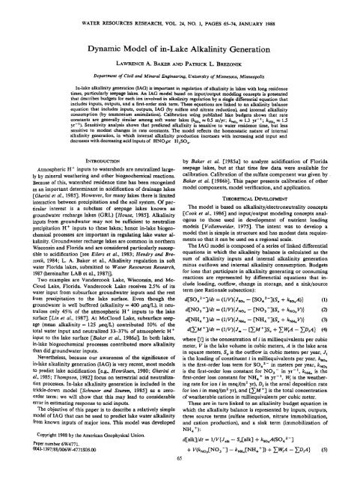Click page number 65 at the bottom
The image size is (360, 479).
click(x=180, y=472)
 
